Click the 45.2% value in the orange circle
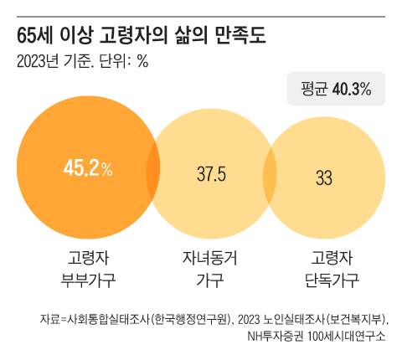point(87,169)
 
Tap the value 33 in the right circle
point(324,177)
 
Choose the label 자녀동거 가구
point(210,268)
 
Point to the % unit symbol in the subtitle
point(142,61)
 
